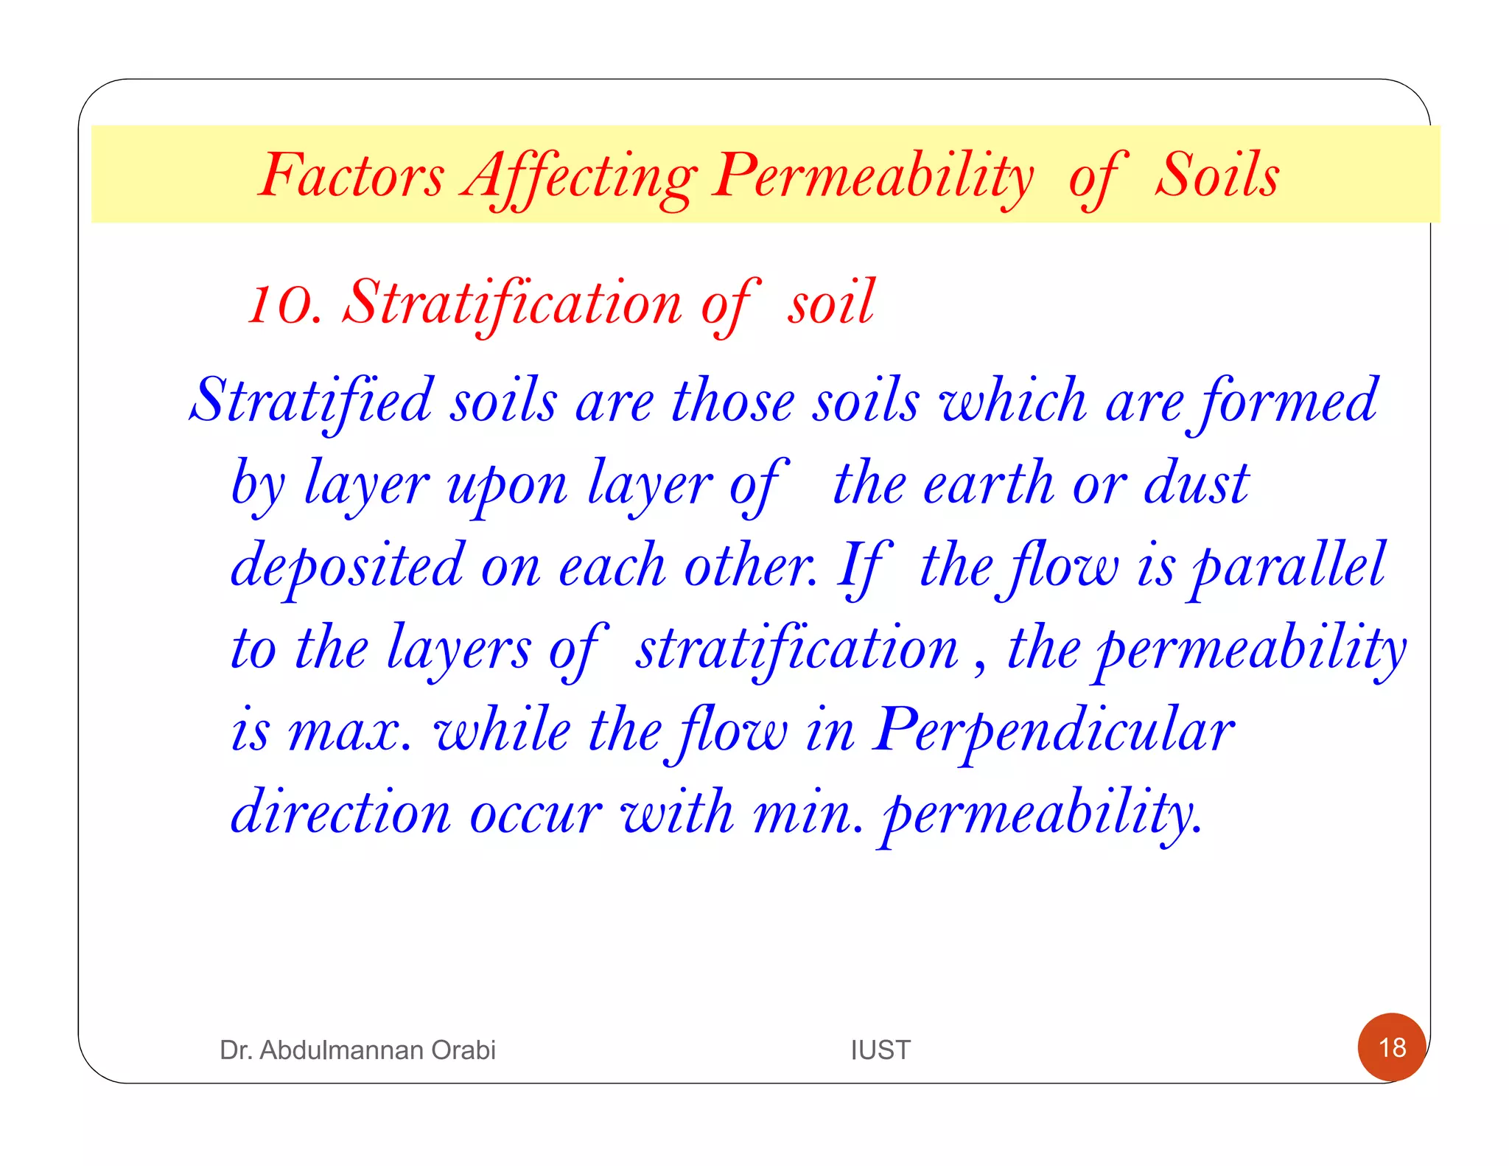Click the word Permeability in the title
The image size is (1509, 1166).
(x=873, y=177)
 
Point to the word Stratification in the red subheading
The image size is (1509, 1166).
(x=513, y=303)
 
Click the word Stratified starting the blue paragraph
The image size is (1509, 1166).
(x=311, y=401)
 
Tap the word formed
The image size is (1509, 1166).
(x=1288, y=402)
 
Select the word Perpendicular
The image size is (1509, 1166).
(x=1054, y=732)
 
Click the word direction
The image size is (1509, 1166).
(x=340, y=814)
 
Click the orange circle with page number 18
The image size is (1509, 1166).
(x=1392, y=1047)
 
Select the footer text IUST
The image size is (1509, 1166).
(x=880, y=1050)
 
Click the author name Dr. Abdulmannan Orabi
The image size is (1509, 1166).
(x=357, y=1050)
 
